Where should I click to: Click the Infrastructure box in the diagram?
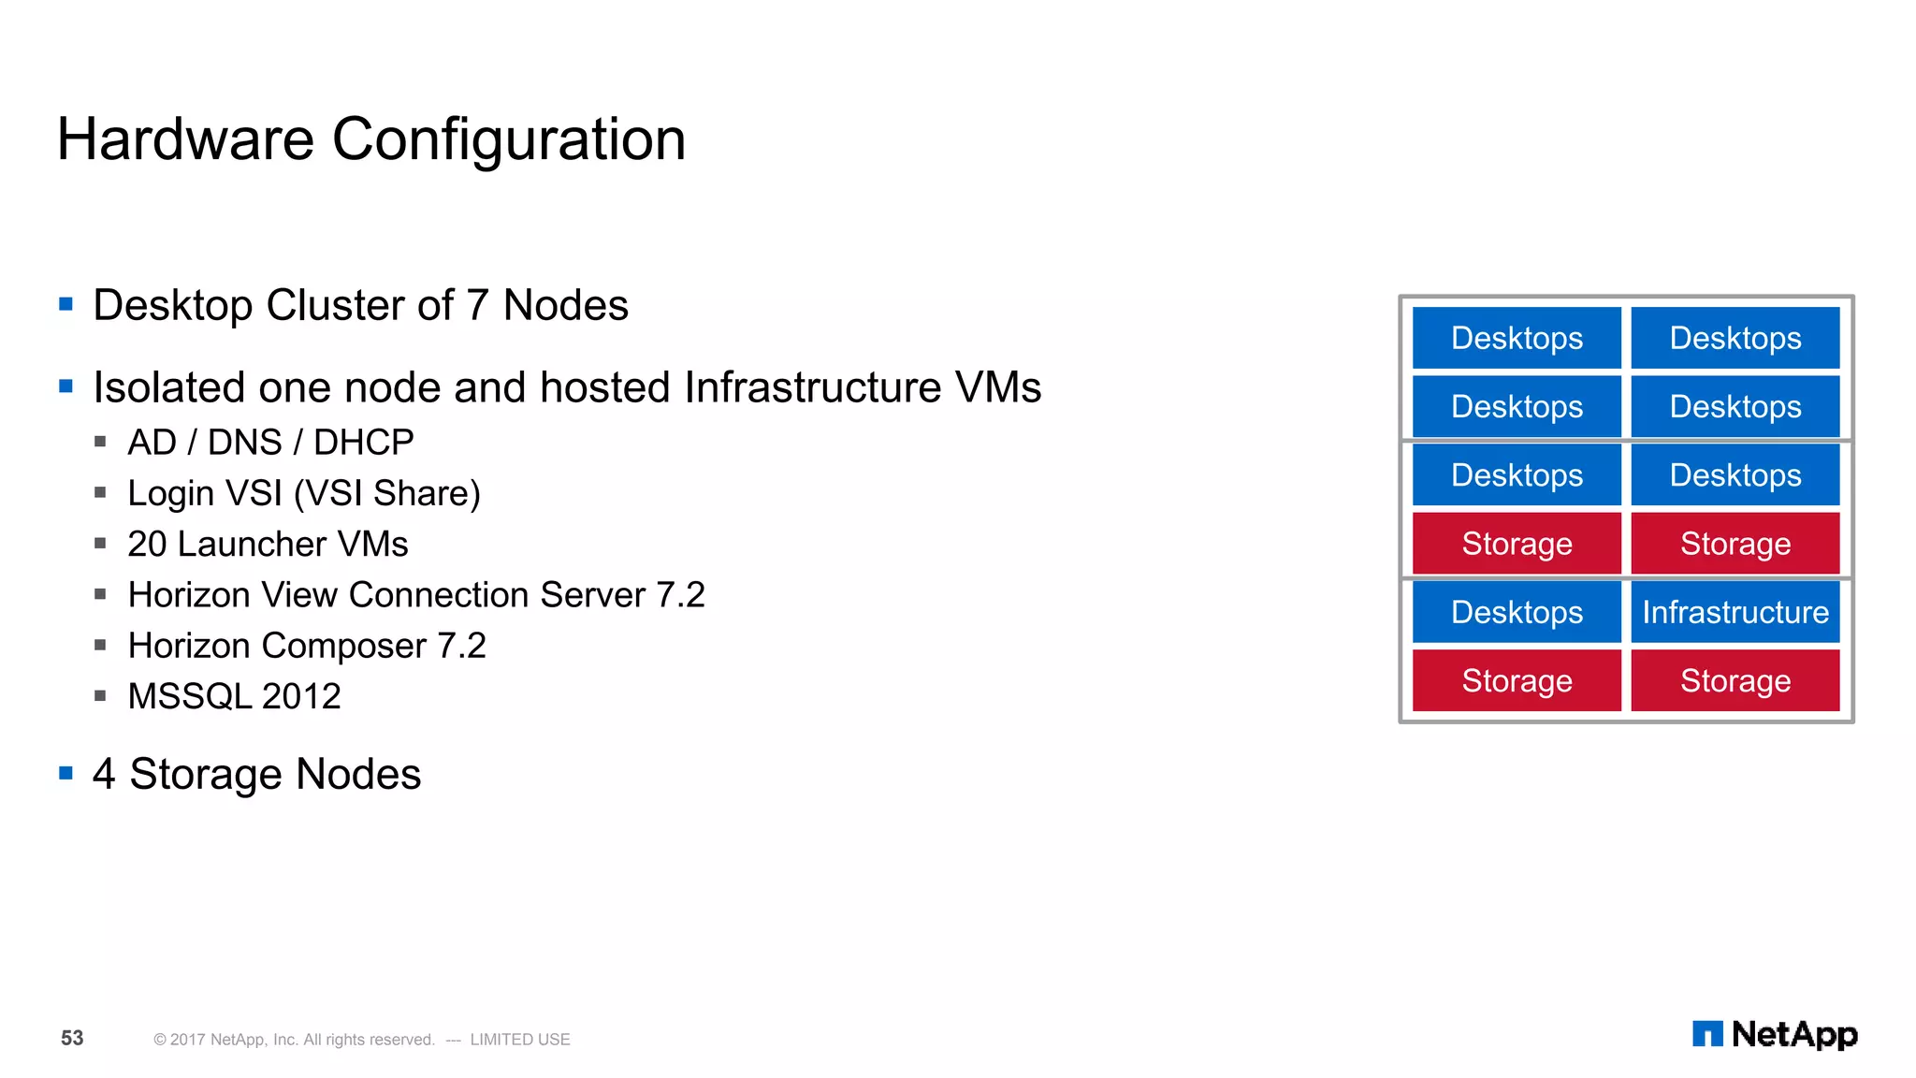click(x=1735, y=612)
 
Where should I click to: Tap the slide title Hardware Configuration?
click(x=371, y=139)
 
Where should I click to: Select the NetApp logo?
click(x=1775, y=1034)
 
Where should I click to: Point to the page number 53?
click(x=72, y=1038)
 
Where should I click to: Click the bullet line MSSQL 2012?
click(x=234, y=696)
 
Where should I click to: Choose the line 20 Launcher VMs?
click(x=268, y=544)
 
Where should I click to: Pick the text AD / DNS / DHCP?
click(x=270, y=442)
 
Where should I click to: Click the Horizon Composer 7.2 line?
click(x=307, y=646)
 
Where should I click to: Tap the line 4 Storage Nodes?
click(x=256, y=774)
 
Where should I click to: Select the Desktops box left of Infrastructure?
click(x=1517, y=612)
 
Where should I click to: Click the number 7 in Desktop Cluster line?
click(x=477, y=305)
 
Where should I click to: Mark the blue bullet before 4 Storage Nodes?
click(x=65, y=773)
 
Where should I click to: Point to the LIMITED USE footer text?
click(x=519, y=1040)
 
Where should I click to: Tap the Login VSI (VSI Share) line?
click(x=304, y=493)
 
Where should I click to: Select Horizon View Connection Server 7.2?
click(x=416, y=595)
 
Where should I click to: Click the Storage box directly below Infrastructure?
click(x=1735, y=680)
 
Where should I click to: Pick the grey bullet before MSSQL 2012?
click(x=100, y=695)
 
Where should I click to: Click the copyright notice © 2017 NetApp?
click(x=294, y=1040)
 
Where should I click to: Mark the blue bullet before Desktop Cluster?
click(x=65, y=304)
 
